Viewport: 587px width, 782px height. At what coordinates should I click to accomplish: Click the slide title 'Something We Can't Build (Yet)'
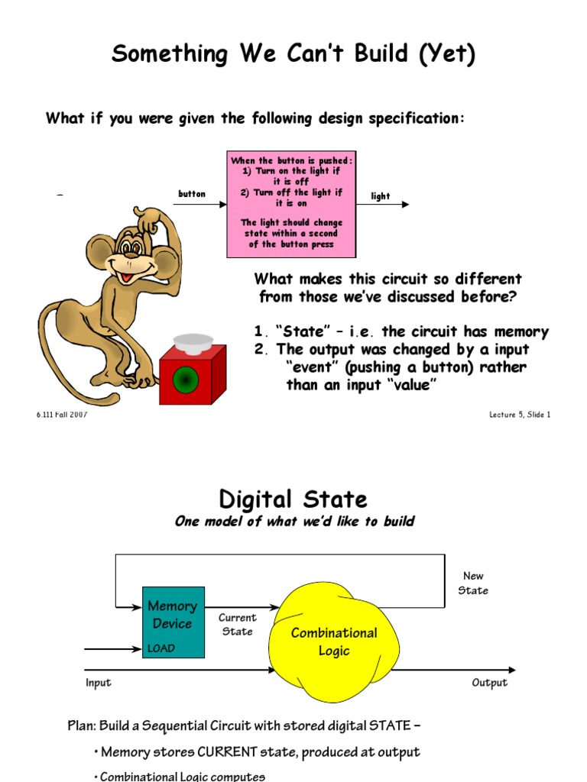point(293,55)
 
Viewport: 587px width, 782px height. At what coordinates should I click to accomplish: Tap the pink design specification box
point(291,203)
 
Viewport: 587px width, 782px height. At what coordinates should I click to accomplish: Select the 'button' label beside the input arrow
point(192,194)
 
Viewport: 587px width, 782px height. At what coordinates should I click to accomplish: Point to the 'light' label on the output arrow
point(381,196)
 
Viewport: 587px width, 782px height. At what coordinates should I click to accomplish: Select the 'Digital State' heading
point(293,500)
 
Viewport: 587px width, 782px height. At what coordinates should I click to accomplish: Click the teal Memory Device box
point(173,622)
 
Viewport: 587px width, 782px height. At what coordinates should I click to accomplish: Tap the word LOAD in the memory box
point(161,648)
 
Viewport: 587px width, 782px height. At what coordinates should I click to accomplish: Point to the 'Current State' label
point(238,625)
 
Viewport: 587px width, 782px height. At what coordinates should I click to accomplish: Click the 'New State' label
point(473,583)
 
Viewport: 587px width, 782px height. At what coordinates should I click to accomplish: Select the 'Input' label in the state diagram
point(99,683)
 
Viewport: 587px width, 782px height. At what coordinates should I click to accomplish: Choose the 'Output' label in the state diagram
point(489,683)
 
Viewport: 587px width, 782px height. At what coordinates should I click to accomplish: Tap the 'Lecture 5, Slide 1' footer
point(520,415)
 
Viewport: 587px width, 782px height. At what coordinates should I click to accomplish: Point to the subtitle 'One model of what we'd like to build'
point(294,522)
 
